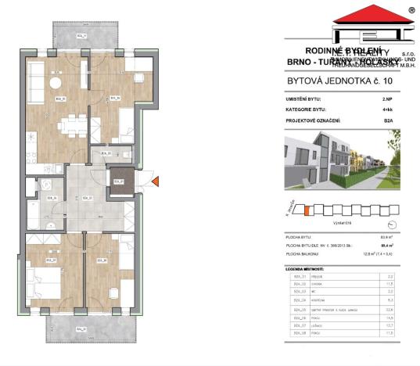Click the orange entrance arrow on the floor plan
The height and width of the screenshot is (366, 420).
pos(156,181)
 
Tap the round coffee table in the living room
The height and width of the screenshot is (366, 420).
pos(56,82)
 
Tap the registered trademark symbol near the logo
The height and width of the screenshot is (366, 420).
pos(411,11)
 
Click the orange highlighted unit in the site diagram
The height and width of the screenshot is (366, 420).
pos(307,210)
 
